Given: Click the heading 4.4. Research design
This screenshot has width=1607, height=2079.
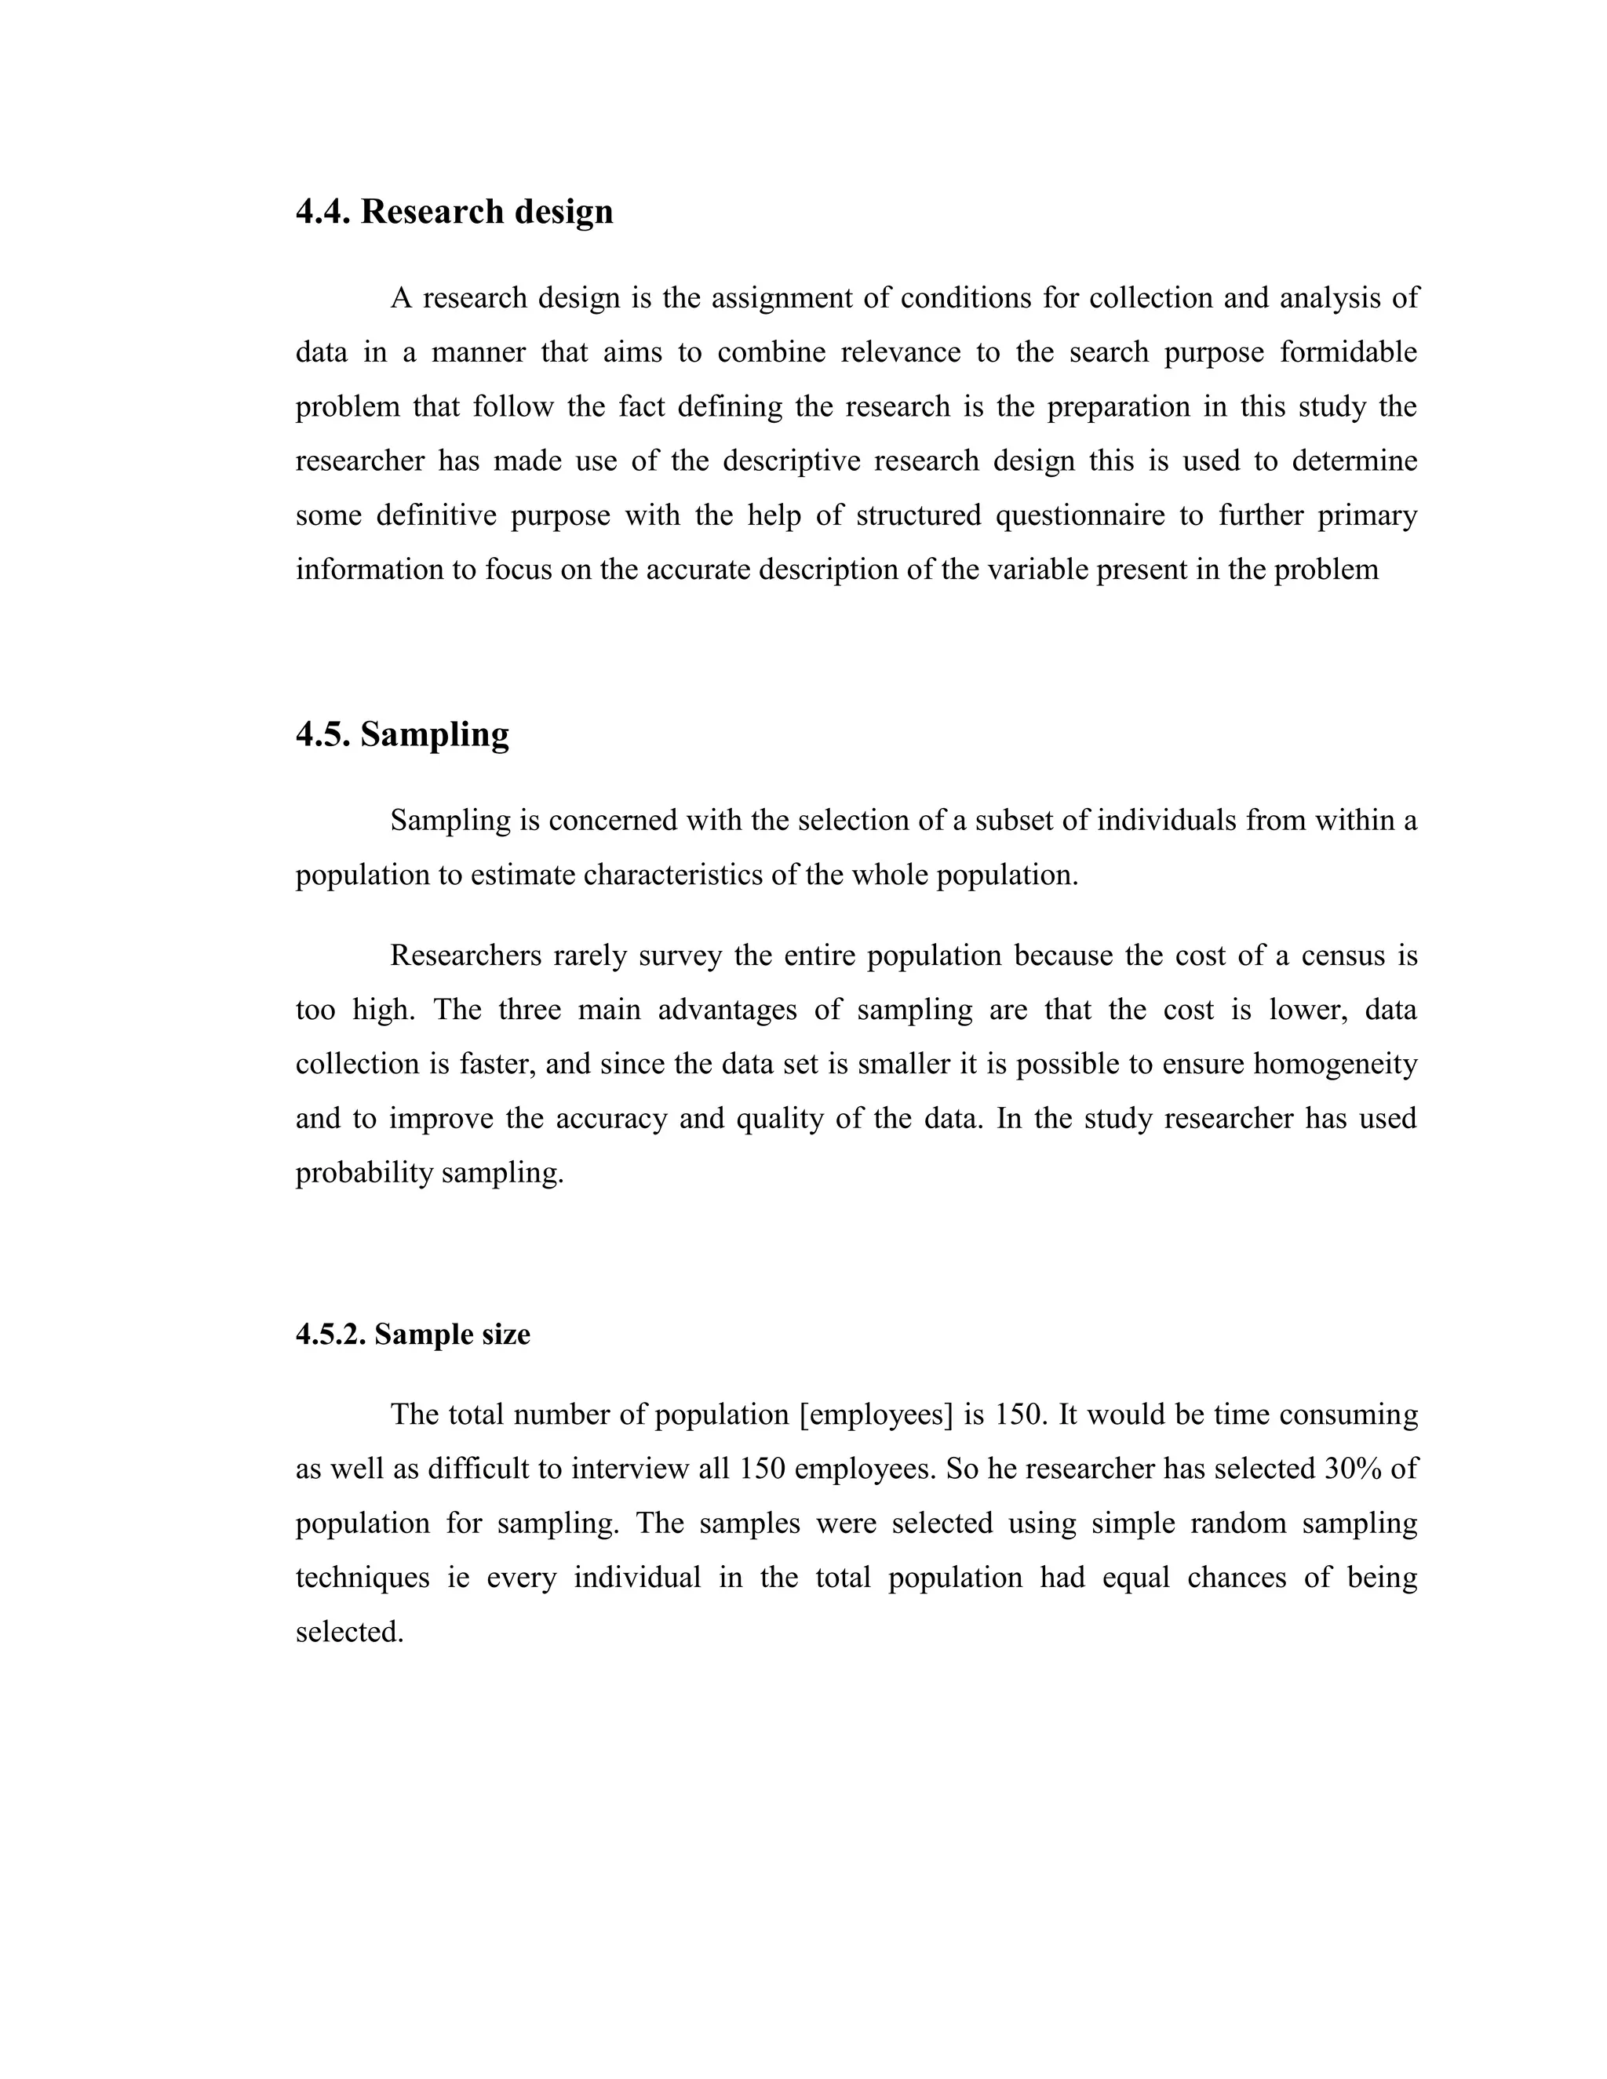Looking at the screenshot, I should click(x=454, y=211).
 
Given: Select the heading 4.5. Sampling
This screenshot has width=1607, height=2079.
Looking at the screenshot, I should click(x=402, y=734).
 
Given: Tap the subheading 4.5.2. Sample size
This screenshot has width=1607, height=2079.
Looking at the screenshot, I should click(x=412, y=1334).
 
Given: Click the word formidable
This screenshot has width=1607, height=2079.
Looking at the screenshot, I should click(x=1348, y=352).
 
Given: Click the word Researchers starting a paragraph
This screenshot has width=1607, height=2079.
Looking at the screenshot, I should click(x=465, y=955).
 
